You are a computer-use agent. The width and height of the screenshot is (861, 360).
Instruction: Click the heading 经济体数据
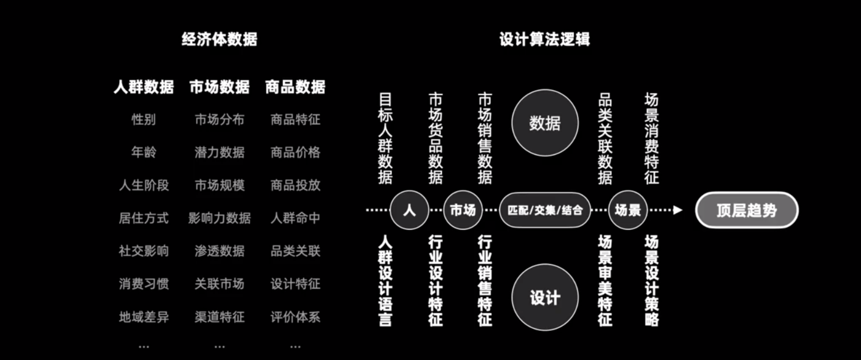[219, 39]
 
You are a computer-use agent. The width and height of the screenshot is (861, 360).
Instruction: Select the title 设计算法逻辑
[545, 39]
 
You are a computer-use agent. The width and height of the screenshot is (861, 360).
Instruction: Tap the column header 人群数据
[144, 87]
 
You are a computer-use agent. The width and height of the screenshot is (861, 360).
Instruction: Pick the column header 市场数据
[219, 87]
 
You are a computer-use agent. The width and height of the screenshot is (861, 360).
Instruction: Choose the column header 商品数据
[295, 87]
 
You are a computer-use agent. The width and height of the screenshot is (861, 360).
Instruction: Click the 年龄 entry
[144, 152]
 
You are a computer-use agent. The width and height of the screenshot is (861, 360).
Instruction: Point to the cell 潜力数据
[219, 152]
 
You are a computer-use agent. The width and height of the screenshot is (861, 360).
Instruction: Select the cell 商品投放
[295, 185]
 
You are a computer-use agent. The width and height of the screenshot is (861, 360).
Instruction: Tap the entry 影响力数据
[219, 218]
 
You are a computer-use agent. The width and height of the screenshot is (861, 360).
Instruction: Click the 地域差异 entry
[144, 317]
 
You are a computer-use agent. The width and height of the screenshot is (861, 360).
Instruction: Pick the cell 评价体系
[295, 317]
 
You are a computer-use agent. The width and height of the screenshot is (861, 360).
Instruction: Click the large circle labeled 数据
[545, 123]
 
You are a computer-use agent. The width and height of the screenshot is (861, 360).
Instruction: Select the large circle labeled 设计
[545, 297]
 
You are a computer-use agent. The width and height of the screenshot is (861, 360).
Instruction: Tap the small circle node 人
[409, 210]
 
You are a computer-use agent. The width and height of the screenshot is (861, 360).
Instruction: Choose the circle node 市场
[463, 210]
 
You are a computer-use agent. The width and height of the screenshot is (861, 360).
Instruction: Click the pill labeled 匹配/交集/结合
[545, 210]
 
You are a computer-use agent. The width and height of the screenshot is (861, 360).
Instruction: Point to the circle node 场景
[628, 210]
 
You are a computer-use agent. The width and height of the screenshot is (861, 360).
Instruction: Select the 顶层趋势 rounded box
[747, 210]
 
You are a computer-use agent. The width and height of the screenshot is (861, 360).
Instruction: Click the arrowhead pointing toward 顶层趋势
[677, 210]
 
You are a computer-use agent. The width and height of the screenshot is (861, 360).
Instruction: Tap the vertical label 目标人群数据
[385, 138]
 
